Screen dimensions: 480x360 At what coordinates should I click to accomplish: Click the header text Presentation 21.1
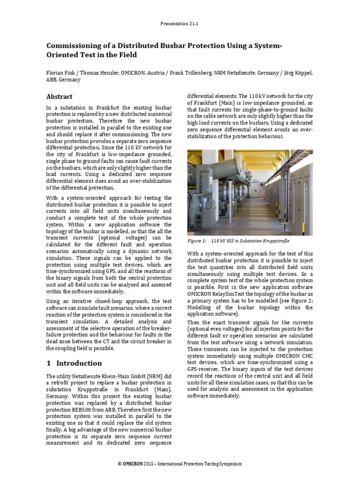pyautogui.click(x=180, y=23)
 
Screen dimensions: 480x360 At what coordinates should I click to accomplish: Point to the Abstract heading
pyautogui.click(x=59, y=97)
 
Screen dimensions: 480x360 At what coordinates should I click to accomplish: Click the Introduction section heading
pyautogui.click(x=79, y=363)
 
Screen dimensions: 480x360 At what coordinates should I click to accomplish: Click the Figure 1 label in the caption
pyautogui.click(x=197, y=241)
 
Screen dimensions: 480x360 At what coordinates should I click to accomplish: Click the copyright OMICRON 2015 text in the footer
pyautogui.click(x=136, y=464)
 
